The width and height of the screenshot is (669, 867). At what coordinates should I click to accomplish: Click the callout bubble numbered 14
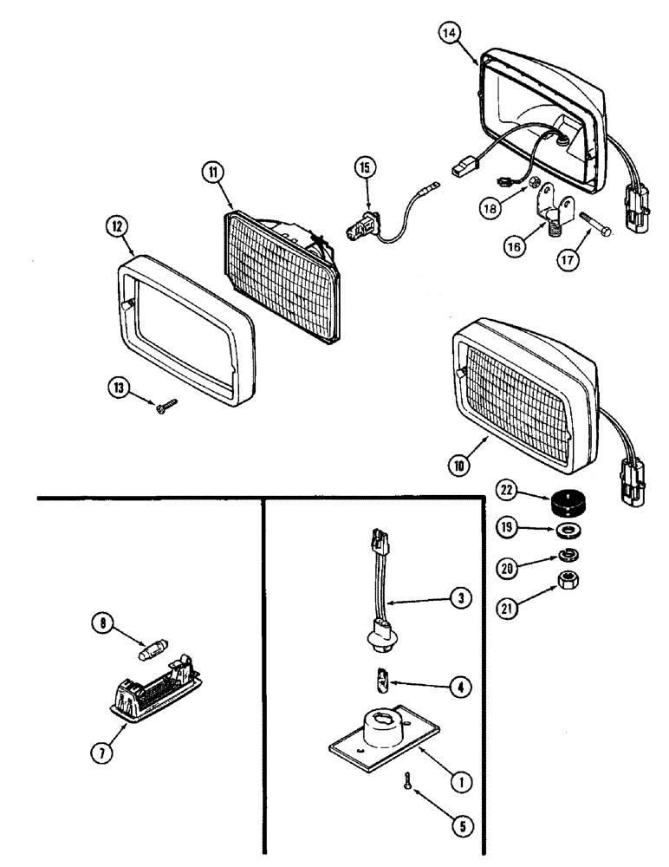[449, 34]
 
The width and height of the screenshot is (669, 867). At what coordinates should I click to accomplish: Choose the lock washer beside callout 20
[568, 554]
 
